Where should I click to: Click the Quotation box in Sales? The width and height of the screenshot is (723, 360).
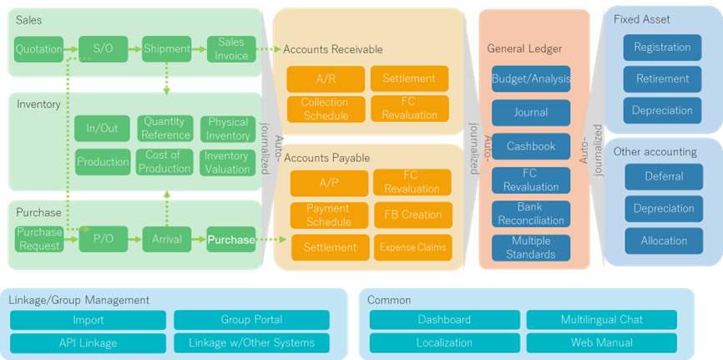pos(38,49)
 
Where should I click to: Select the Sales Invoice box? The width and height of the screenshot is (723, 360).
pos(231,49)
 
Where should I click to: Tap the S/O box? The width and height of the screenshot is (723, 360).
pos(103,49)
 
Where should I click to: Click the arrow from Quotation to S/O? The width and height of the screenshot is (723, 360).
pos(71,49)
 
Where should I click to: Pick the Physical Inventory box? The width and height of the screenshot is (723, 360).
pos(228,129)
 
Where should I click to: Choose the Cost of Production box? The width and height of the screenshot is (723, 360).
pos(165,162)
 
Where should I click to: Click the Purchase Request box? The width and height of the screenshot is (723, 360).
pos(38,239)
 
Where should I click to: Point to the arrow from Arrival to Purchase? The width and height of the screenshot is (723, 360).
pos(199,239)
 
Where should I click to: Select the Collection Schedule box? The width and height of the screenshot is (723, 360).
pos(326,109)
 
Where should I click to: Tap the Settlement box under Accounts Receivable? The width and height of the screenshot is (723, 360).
pos(409,79)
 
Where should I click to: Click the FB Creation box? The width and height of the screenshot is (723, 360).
pos(413,215)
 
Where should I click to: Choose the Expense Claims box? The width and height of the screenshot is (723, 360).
pos(413,247)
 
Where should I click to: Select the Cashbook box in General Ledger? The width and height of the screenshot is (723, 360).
pos(531,146)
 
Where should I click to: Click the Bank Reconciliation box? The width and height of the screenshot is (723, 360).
pos(531,214)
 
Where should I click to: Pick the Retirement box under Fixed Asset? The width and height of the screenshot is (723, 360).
pos(663,79)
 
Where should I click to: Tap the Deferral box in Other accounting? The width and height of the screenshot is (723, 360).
pos(664,177)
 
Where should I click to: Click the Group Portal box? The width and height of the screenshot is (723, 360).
pos(252,320)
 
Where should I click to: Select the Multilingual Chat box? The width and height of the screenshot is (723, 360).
pos(602,320)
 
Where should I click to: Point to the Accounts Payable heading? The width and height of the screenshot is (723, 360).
pos(327,159)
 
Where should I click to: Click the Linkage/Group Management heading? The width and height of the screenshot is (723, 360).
pos(78,300)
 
